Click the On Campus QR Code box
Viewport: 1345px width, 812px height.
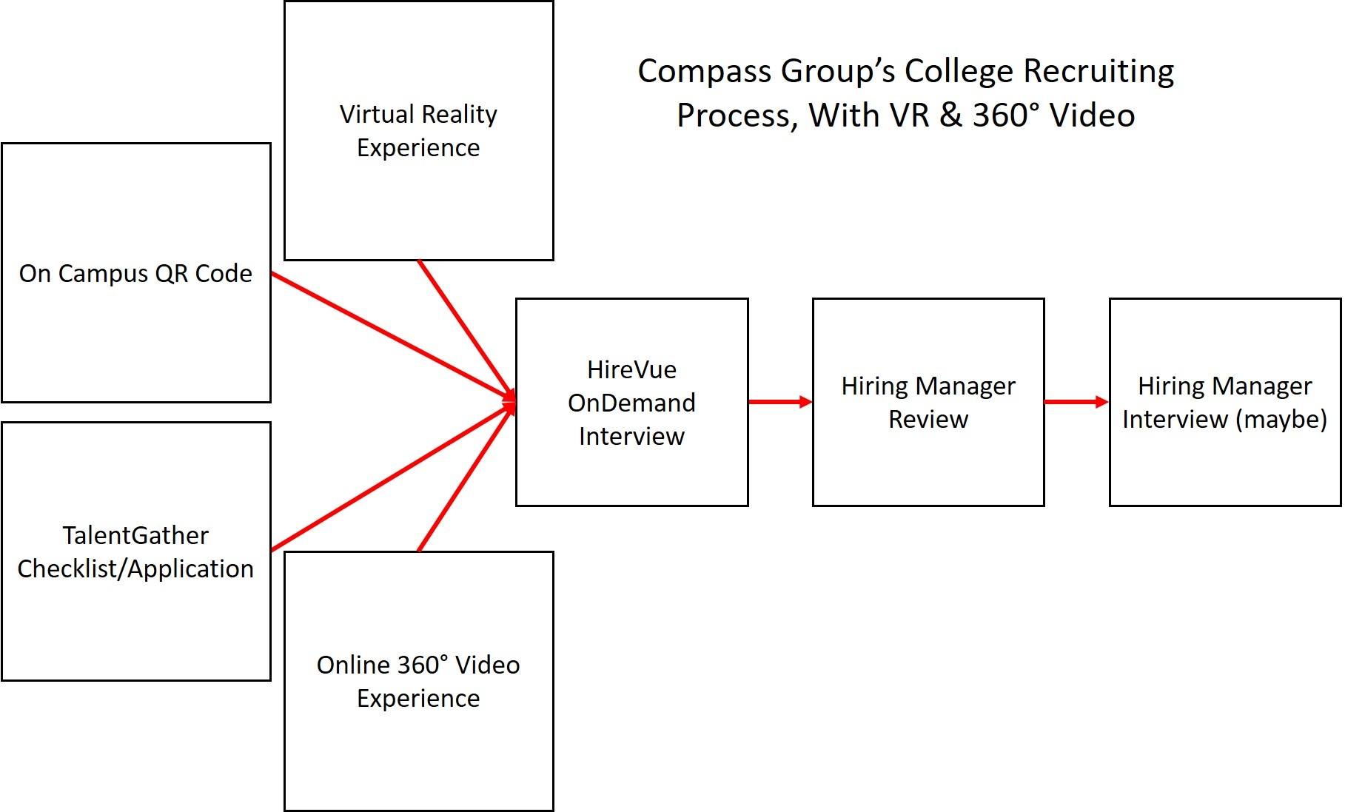136,272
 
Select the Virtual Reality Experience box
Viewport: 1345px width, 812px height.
418,131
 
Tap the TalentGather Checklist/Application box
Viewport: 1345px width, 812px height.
136,551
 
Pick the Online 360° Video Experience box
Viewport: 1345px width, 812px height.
418,681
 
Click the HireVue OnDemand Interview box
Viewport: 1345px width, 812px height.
631,402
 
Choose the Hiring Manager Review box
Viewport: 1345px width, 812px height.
928,402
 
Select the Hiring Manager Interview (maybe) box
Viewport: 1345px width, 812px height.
1224,402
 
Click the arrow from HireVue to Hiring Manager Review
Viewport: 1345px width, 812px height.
779,402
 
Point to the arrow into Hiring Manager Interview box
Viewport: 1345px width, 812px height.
1076,402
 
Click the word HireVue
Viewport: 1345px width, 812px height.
631,369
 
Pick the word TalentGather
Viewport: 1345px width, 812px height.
135,535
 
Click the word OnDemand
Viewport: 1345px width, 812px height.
631,403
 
